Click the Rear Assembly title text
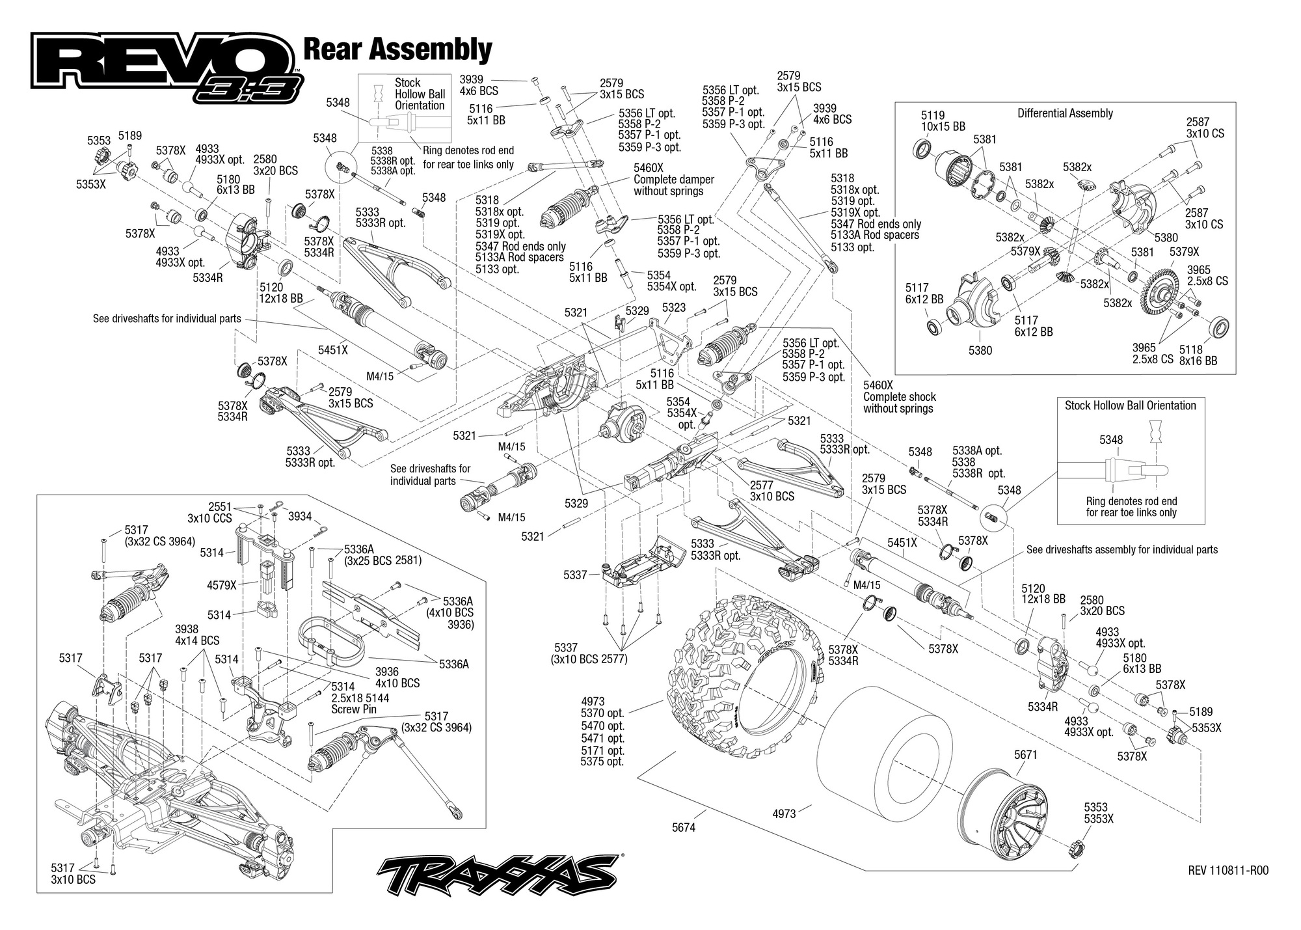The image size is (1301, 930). click(x=397, y=49)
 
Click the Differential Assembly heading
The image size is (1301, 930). click(x=1065, y=113)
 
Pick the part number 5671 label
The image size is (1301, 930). click(x=1026, y=755)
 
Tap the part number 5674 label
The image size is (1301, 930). click(x=684, y=828)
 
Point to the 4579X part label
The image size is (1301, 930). click(x=222, y=585)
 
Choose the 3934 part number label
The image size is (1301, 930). click(x=299, y=517)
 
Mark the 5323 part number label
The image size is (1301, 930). click(x=674, y=307)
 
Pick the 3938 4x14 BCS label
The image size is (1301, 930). click(x=197, y=635)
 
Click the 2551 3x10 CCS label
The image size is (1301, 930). click(x=211, y=513)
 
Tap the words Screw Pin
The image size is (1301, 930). click(x=354, y=709)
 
